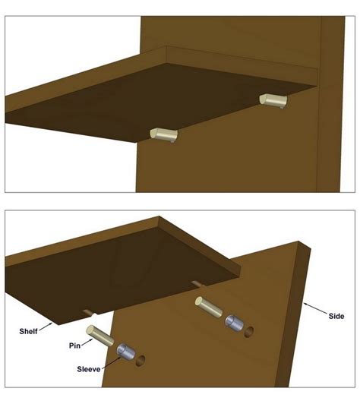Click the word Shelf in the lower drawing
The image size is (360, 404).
click(x=28, y=331)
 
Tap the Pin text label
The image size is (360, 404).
click(x=74, y=346)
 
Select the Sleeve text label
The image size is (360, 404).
click(x=89, y=369)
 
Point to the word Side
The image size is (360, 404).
click(x=336, y=316)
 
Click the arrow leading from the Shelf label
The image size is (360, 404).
click(x=46, y=327)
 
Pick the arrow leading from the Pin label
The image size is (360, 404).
click(x=87, y=342)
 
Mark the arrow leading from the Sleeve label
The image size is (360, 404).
click(x=111, y=363)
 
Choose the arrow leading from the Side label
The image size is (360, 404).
click(x=315, y=308)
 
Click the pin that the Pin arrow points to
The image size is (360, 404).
click(x=100, y=336)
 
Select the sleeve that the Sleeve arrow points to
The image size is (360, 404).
click(x=126, y=352)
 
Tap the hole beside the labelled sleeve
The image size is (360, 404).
click(x=141, y=361)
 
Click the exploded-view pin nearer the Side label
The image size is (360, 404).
click(x=208, y=307)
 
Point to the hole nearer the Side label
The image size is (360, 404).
click(x=248, y=332)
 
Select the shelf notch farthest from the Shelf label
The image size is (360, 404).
click(x=198, y=284)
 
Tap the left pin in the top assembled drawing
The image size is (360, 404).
click(x=164, y=135)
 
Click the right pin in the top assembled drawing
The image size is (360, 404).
click(x=273, y=101)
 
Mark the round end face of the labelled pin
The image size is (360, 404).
click(x=90, y=330)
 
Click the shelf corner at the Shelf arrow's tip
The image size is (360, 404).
click(x=53, y=323)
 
